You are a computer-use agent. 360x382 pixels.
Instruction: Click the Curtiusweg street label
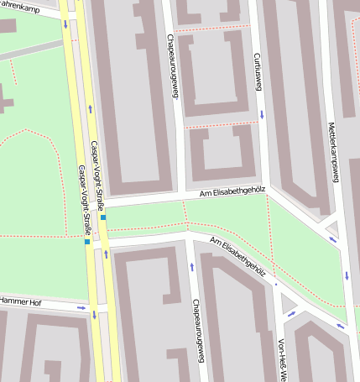pyautogui.click(x=258, y=71)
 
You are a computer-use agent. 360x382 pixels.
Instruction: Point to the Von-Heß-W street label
pyautogui.click(x=282, y=358)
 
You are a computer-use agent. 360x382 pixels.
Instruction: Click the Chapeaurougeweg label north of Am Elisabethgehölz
pyautogui.click(x=175, y=66)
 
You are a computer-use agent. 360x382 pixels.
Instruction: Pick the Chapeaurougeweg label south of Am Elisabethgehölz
pyautogui.click(x=198, y=329)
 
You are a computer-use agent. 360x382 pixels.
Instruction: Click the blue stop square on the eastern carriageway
pyautogui.click(x=103, y=217)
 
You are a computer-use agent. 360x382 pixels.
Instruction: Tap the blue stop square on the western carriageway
pyautogui.click(x=86, y=242)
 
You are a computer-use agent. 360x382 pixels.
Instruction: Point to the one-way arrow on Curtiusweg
pyautogui.click(x=262, y=113)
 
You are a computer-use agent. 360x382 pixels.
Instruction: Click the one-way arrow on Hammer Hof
pyautogui.click(x=81, y=307)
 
